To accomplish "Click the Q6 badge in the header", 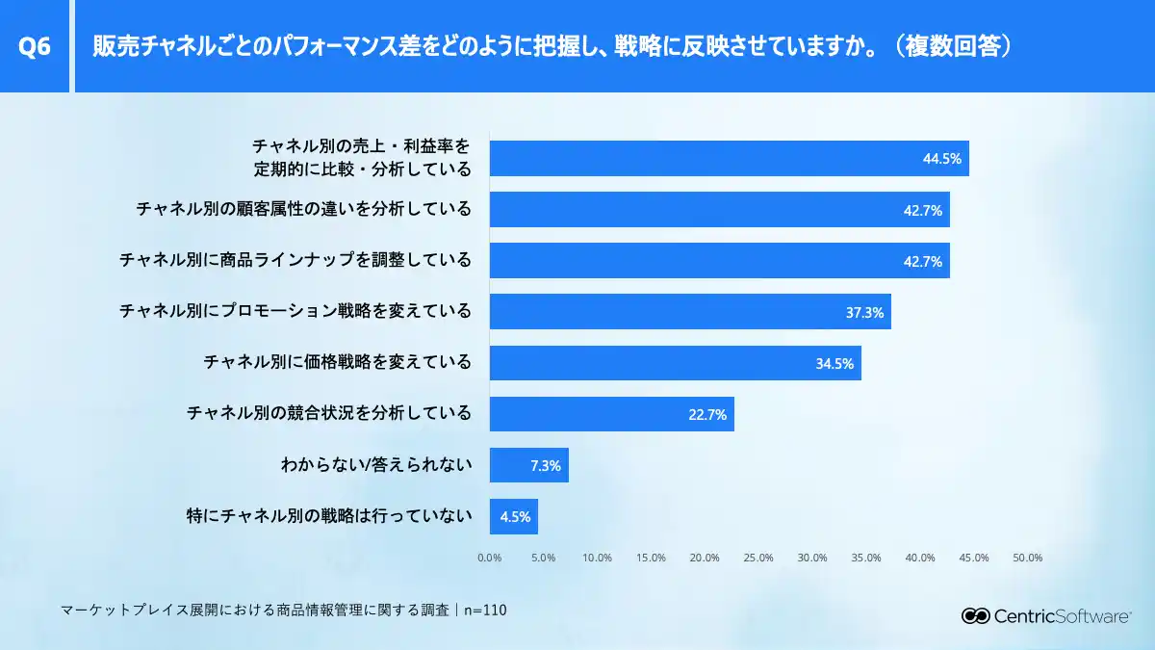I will click(35, 46).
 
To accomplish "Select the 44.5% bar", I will click(729, 158).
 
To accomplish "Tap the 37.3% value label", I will click(864, 312).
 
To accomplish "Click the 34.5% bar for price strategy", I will click(675, 363).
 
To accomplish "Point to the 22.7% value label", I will click(707, 415).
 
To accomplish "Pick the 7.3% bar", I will click(528, 465).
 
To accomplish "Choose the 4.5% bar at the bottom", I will click(513, 516).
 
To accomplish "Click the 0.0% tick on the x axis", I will click(490, 558).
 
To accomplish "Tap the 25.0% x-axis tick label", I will click(758, 558).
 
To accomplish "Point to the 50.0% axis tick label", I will click(1028, 558).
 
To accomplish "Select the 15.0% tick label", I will click(652, 558).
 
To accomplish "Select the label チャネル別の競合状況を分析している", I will click(329, 413).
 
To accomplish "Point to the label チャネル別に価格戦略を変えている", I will click(338, 362).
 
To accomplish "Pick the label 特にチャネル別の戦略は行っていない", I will click(329, 516).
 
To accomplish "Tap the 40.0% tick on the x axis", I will click(920, 558).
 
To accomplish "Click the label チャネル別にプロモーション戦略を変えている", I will click(295, 311).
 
